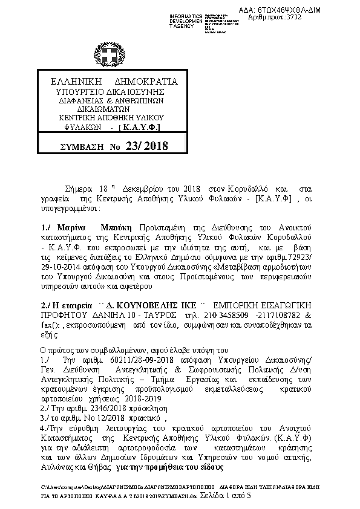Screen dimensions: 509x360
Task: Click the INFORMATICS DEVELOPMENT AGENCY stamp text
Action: click(x=186, y=20)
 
